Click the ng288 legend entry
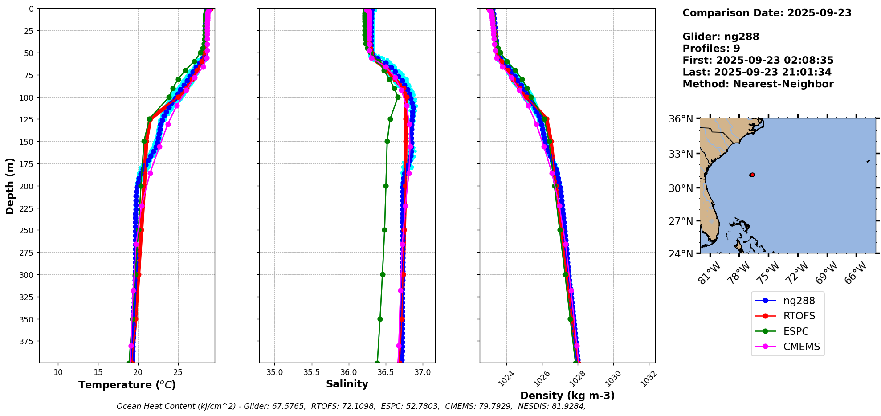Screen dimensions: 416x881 [799, 301]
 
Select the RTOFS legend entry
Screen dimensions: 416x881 [799, 316]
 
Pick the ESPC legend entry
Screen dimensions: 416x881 [795, 331]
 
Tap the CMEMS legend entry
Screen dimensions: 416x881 [801, 347]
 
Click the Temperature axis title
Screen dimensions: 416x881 [127, 385]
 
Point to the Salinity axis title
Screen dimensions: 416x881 [347, 384]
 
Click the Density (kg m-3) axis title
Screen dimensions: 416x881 [567, 396]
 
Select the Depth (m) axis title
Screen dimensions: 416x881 [10, 186]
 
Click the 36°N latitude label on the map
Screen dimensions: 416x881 [681, 119]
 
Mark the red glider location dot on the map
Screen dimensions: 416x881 [752, 175]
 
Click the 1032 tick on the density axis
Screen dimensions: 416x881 [649, 379]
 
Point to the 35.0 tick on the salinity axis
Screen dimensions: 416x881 [274, 372]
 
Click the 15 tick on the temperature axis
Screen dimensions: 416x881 [98, 372]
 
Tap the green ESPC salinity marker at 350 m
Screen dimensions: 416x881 [380, 319]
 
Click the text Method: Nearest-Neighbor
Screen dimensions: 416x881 [758, 84]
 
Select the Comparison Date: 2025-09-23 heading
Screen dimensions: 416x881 [767, 13]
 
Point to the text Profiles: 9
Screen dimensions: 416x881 [711, 49]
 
